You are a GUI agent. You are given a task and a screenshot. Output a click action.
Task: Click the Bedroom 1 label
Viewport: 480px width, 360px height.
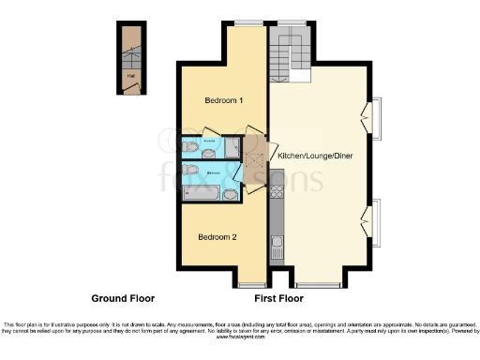pos(224,100)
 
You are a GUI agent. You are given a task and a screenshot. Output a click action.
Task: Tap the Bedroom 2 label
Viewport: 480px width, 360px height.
pos(217,237)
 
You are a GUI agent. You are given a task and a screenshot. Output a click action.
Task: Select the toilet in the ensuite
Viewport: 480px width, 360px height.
pos(191,147)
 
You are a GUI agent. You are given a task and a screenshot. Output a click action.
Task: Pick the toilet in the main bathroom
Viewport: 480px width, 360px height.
pos(191,170)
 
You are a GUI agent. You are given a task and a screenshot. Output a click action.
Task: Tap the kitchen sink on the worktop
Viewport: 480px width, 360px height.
pos(277,248)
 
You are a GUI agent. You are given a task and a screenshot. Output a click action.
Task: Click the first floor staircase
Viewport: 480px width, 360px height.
pos(285,48)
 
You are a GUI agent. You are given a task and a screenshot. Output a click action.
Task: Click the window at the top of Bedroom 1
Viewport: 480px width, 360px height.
pos(248,22)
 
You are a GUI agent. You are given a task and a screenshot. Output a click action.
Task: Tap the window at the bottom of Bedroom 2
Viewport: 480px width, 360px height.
pos(251,283)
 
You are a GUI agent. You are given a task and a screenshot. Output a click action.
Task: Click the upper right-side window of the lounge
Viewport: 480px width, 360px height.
pos(376,118)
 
